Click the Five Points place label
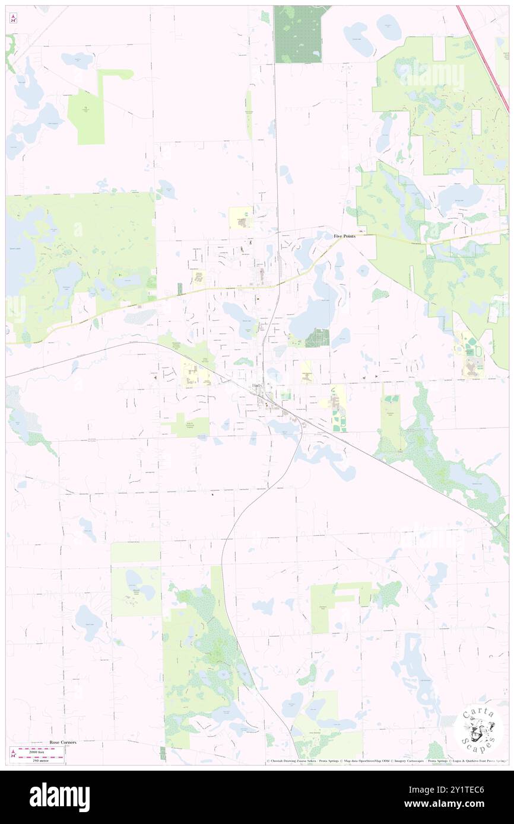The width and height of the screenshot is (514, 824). coord(345,236)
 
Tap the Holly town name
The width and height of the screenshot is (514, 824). coord(258,386)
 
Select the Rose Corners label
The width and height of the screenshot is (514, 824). coord(63,742)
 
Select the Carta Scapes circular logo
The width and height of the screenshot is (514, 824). coord(478,730)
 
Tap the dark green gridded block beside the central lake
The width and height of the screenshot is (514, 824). coord(318,337)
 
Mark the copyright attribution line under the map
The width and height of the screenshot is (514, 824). coord(386,761)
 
